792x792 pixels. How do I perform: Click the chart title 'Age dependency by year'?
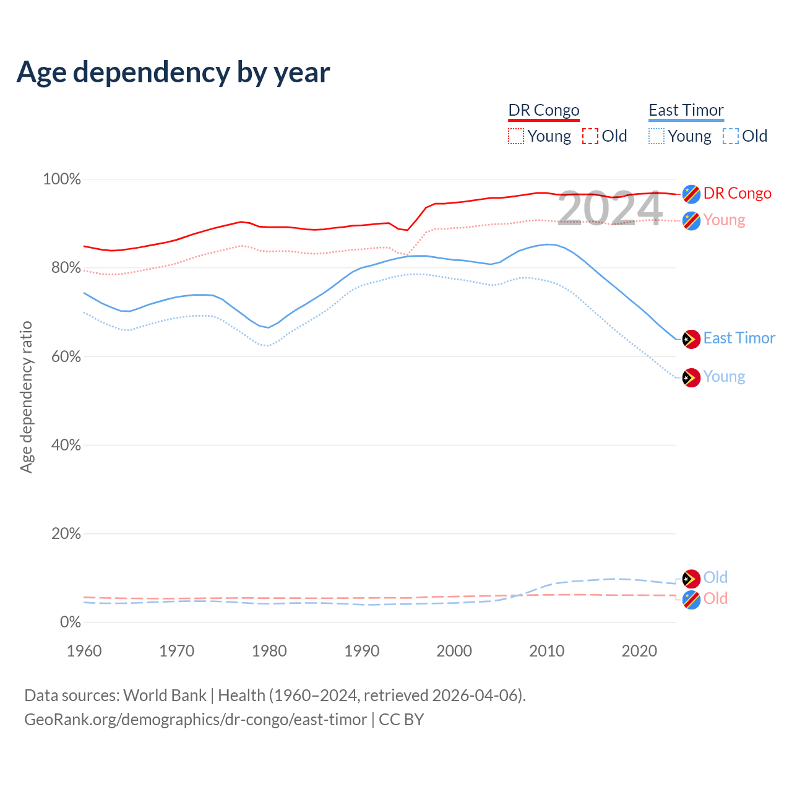[173, 72]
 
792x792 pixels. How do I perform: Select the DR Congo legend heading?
[543, 110]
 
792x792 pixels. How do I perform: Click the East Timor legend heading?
[686, 110]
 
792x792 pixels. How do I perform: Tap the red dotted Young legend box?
[516, 136]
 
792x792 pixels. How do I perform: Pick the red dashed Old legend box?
[590, 136]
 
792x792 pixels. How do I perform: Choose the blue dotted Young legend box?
[656, 136]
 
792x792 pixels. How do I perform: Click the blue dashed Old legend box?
[731, 136]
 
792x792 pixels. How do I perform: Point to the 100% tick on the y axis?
[62, 179]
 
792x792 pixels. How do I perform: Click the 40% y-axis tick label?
[66, 445]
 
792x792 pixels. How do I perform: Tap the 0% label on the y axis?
[70, 622]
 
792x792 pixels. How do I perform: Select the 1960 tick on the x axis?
[84, 651]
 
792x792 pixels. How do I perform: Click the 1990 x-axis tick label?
[361, 651]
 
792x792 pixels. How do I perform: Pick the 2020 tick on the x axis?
[639, 651]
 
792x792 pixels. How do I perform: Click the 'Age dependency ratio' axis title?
[26, 397]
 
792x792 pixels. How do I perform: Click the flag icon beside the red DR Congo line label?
[691, 194]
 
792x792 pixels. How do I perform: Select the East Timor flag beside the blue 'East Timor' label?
[691, 339]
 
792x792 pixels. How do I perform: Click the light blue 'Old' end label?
[715, 577]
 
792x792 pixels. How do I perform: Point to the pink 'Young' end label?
[724, 220]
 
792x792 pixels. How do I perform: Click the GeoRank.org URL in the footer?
[196, 720]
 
